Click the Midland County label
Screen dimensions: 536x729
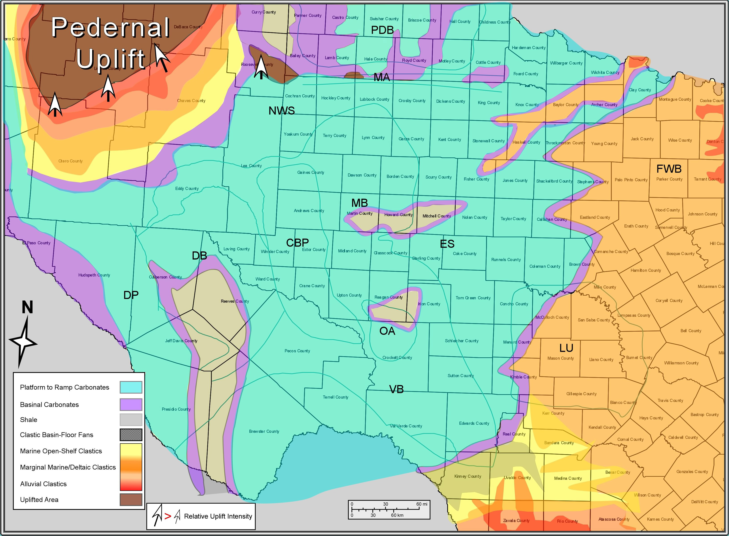pyautogui.click(x=352, y=251)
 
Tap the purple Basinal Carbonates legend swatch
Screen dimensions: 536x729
pyautogui.click(x=131, y=405)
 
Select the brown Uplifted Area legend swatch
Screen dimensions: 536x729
pyautogui.click(x=131, y=500)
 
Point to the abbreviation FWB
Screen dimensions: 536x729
pyautogui.click(x=669, y=169)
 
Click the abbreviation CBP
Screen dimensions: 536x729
pyautogui.click(x=297, y=243)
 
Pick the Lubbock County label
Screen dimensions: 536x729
pyautogui.click(x=374, y=99)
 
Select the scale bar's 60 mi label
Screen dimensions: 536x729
pyautogui.click(x=422, y=504)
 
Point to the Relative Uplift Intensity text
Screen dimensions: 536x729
pyautogui.click(x=218, y=516)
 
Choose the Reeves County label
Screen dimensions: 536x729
pyautogui.click(x=235, y=301)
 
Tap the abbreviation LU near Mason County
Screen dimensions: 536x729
pyautogui.click(x=566, y=348)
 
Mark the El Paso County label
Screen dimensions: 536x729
pyautogui.click(x=36, y=243)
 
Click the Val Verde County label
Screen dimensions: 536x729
pyautogui.click(x=406, y=426)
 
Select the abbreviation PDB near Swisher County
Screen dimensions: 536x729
pyautogui.click(x=382, y=30)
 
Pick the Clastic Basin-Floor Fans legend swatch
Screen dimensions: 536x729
pyautogui.click(x=131, y=435)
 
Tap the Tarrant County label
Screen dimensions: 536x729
pyautogui.click(x=707, y=179)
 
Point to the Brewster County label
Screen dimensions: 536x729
pyautogui.click(x=264, y=431)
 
